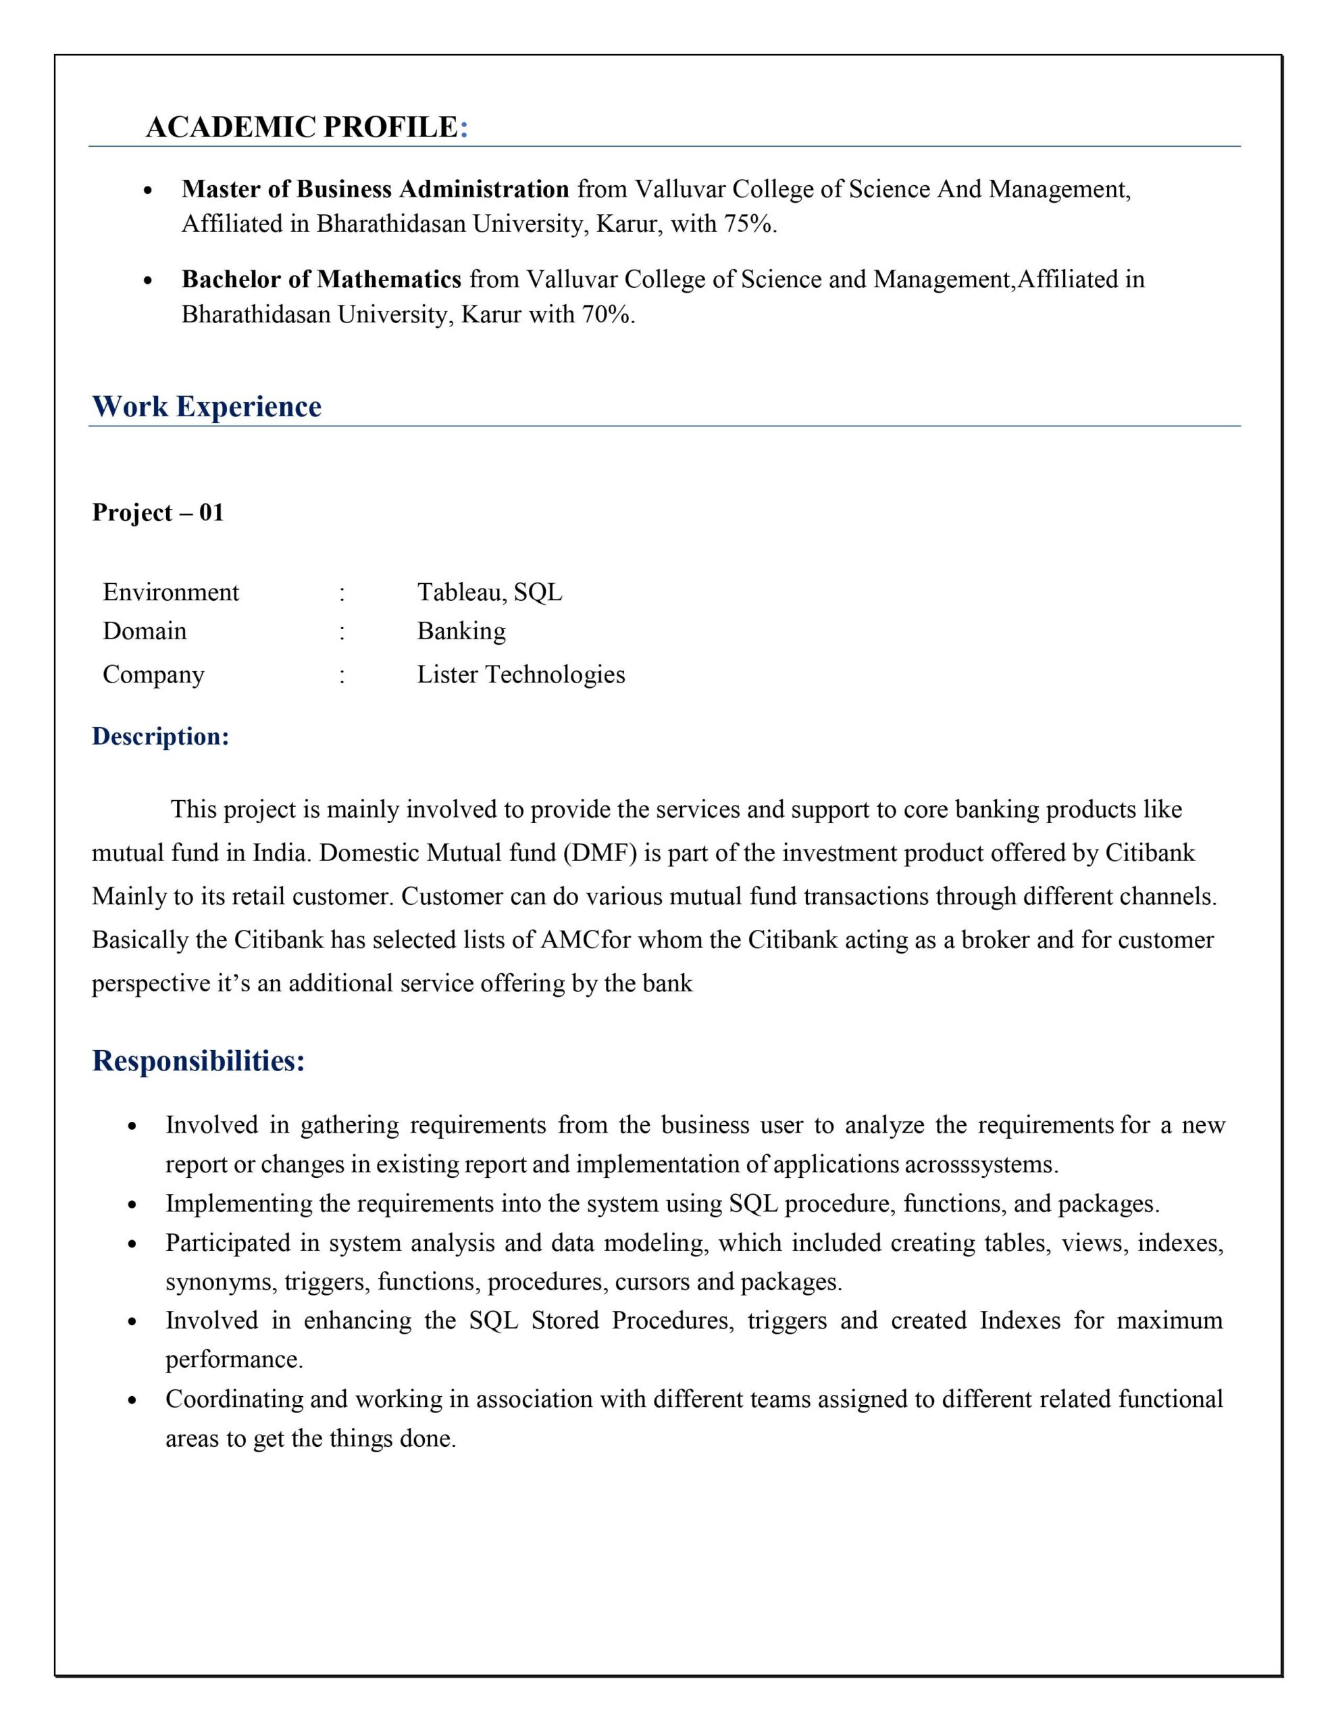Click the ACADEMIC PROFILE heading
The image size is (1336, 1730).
(x=307, y=128)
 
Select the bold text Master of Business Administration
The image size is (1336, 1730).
(x=375, y=189)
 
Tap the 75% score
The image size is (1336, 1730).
(x=748, y=225)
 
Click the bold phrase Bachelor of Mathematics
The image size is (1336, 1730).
(x=321, y=280)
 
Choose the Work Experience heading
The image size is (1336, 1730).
(x=207, y=406)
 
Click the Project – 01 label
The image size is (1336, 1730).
(x=157, y=512)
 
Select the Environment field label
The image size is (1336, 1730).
(x=170, y=593)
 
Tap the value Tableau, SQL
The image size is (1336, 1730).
(x=490, y=593)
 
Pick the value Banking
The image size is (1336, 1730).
(x=461, y=631)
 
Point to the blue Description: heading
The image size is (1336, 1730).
(x=161, y=737)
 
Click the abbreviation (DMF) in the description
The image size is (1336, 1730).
(x=600, y=853)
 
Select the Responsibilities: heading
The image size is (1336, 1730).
(x=198, y=1061)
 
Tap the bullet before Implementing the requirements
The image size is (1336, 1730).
(x=133, y=1205)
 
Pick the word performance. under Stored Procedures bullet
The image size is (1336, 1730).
(x=234, y=1360)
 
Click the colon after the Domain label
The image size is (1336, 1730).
(x=342, y=632)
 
